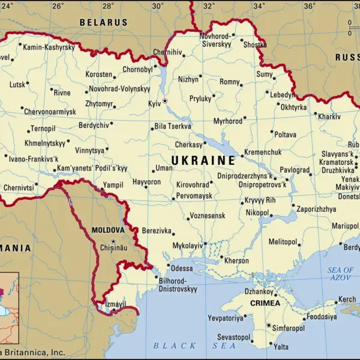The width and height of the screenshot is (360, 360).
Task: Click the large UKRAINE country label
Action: [203, 160]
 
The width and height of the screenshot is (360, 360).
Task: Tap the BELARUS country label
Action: [104, 22]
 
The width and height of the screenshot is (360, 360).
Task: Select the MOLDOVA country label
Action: [108, 230]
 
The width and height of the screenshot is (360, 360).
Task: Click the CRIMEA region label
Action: [265, 303]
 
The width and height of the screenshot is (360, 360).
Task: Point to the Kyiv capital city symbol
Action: [165, 101]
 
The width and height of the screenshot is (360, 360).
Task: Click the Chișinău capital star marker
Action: [113, 241]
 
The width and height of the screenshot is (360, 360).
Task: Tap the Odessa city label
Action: [182, 268]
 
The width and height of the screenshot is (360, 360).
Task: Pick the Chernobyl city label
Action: [138, 70]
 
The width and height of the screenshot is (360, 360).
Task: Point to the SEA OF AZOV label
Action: [341, 274]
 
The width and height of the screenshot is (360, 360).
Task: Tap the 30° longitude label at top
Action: [158, 6]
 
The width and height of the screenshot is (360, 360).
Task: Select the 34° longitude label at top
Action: [259, 6]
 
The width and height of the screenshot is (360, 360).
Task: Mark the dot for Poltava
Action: [271, 133]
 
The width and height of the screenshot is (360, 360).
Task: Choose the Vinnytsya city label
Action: [89, 150]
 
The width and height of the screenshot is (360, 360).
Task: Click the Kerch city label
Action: [347, 299]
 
